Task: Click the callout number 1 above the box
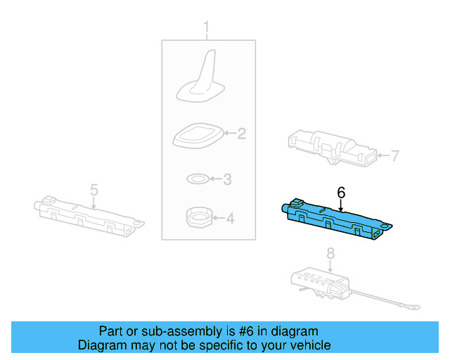pyautogui.click(x=207, y=28)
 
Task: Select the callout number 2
pyautogui.click(x=241, y=133)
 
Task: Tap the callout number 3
pyautogui.click(x=227, y=179)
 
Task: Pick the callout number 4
pyautogui.click(x=229, y=219)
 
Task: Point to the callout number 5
pyautogui.click(x=94, y=189)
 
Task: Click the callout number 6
pyautogui.click(x=341, y=191)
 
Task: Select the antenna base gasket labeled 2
pyautogui.click(x=198, y=134)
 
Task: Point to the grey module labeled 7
pyautogui.click(x=330, y=146)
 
